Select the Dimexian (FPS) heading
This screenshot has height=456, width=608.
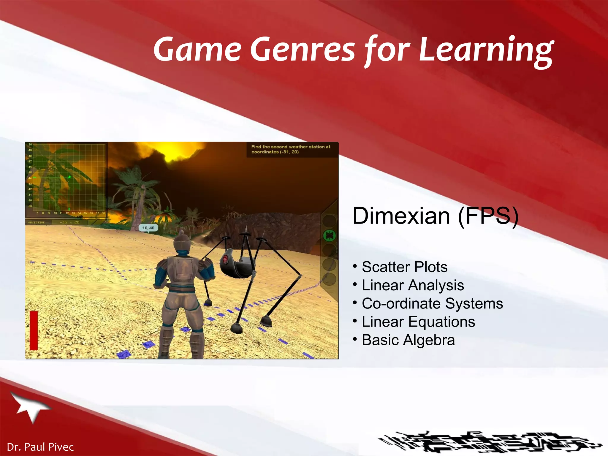435,216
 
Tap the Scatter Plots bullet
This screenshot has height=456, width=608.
404,267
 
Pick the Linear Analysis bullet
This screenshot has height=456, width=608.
413,285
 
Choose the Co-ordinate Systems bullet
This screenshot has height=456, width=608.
432,303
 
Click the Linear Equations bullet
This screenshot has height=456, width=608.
418,322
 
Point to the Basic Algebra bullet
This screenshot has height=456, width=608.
408,340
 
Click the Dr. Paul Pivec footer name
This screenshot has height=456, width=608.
40,447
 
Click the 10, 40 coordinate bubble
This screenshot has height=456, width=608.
148,228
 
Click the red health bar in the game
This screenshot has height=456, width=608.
34,330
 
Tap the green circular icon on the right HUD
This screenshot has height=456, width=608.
329,236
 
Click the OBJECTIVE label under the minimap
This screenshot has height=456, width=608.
37,222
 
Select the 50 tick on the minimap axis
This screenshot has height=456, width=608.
30,145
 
